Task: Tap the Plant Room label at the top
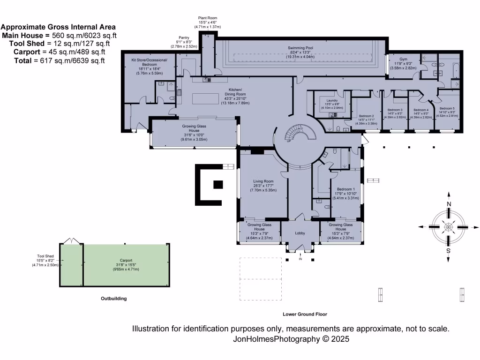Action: coord(207,18)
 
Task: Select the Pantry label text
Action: coord(183,37)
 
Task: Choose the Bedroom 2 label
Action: coord(366,116)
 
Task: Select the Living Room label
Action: coord(263,181)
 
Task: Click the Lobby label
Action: coord(300,233)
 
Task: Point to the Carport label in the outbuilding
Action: coord(126,260)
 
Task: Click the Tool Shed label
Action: coord(45,256)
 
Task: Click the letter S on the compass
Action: coord(449,251)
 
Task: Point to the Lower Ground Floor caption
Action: coord(305,314)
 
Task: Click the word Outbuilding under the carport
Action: coord(114,298)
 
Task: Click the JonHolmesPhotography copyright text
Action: coord(291,338)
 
